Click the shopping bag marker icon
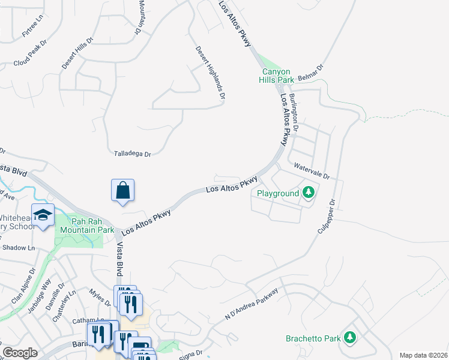pos(122,191)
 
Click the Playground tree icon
pos(309,193)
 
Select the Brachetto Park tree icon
pos(350,338)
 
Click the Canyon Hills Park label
pos(276,75)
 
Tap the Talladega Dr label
pos(132,154)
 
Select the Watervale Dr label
pos(311,170)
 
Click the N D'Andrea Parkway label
pos(252,304)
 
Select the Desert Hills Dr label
pos(78,53)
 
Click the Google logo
pos(20,353)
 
